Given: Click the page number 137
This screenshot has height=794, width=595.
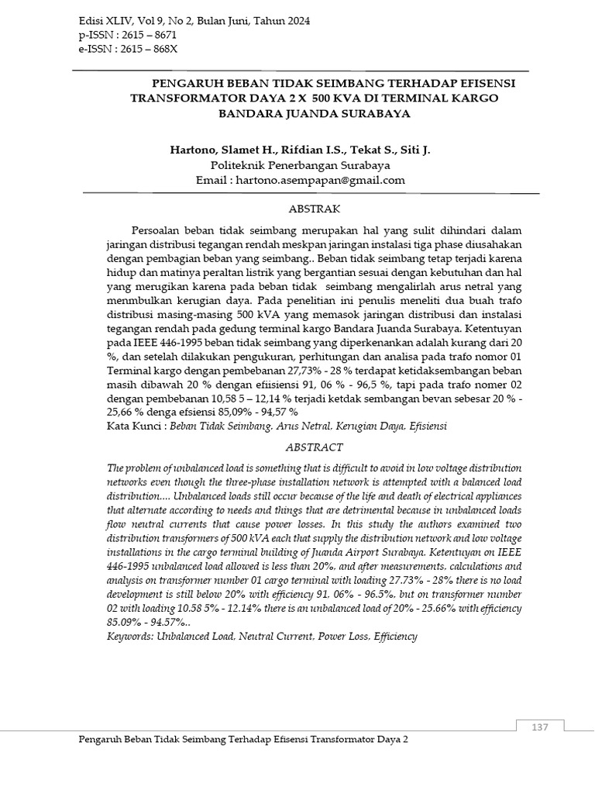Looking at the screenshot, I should click(540, 727).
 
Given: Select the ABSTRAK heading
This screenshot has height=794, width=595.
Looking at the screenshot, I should click(314, 209).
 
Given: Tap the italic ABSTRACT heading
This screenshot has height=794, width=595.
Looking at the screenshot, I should click(314, 447).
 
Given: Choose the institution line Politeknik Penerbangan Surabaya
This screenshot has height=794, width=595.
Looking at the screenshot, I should click(301, 165).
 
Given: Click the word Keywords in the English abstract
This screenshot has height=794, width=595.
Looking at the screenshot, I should click(129, 637).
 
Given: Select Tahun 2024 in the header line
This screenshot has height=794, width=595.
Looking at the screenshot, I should click(277, 21).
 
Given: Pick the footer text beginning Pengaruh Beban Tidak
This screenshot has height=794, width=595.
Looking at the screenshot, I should click(243, 740).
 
